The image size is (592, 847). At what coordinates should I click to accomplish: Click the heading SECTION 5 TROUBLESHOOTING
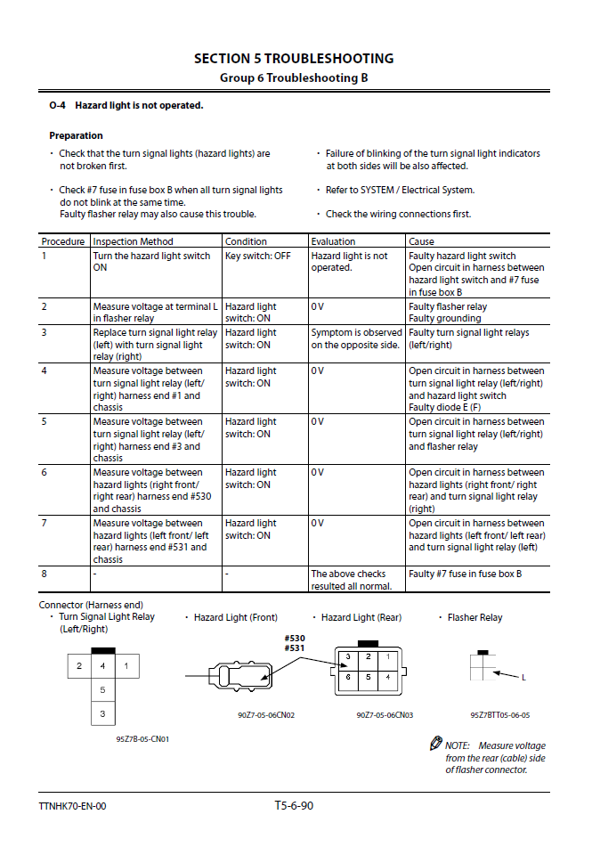pyautogui.click(x=294, y=59)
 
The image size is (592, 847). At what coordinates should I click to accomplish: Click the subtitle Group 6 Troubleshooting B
pyautogui.click(x=294, y=77)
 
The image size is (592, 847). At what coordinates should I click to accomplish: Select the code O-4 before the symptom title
pyautogui.click(x=57, y=106)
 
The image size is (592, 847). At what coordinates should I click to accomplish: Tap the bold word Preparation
pyautogui.click(x=76, y=136)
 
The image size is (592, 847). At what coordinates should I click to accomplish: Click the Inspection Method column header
pyautogui.click(x=134, y=241)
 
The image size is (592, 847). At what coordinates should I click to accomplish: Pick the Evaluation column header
pyautogui.click(x=333, y=241)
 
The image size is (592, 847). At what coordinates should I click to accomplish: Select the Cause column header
pyautogui.click(x=421, y=241)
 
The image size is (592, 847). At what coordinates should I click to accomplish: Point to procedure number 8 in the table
pyautogui.click(x=45, y=574)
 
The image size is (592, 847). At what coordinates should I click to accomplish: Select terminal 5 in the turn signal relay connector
pyautogui.click(x=102, y=690)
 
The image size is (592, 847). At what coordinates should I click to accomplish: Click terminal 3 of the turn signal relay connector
pyautogui.click(x=102, y=713)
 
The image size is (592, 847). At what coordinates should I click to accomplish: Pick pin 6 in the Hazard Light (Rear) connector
pyautogui.click(x=348, y=677)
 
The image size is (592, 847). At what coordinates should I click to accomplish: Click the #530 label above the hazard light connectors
pyautogui.click(x=295, y=638)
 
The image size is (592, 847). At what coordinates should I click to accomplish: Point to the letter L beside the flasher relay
pyautogui.click(x=523, y=678)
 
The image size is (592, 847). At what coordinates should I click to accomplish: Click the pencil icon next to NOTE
pyautogui.click(x=435, y=743)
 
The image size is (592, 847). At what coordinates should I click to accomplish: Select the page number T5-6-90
pyautogui.click(x=294, y=806)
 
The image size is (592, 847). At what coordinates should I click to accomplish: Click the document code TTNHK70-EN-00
pyautogui.click(x=73, y=807)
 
